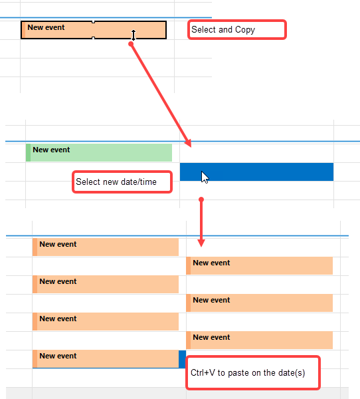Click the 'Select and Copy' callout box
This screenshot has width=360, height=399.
[237, 29]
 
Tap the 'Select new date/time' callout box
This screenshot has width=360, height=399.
[122, 182]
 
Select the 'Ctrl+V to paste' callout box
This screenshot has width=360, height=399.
[253, 373]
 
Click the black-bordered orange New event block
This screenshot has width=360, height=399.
[94, 30]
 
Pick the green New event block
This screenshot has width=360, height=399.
[99, 152]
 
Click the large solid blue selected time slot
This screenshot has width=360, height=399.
[256, 172]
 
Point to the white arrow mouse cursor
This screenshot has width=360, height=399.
[205, 178]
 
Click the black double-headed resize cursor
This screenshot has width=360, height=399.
[134, 35]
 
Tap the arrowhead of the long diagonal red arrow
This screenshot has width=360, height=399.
[189, 143]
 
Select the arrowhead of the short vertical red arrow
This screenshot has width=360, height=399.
[201, 243]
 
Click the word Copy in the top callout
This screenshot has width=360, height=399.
[245, 30]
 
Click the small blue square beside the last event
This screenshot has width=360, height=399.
[182, 359]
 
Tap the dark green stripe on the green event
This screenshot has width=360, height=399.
[28, 152]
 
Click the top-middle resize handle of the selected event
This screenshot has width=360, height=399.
[93, 22]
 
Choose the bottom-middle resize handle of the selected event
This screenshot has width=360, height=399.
[93, 38]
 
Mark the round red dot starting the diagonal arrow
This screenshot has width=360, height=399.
[131, 44]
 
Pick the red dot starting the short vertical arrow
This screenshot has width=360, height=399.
[201, 199]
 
